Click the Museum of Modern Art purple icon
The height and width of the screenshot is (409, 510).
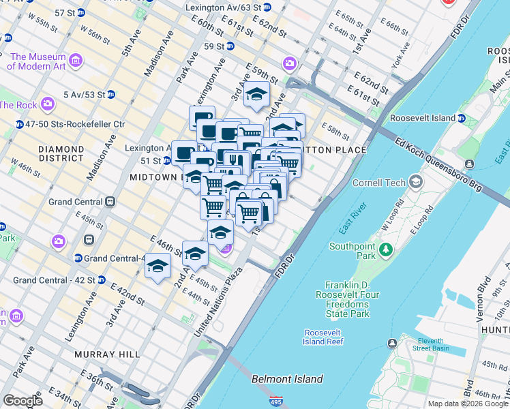pyautogui.click(x=75, y=61)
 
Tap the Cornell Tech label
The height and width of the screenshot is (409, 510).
pyautogui.click(x=378, y=183)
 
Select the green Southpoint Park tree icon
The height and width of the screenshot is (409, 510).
pyautogui.click(x=387, y=250)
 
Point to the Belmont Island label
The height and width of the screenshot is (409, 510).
pyautogui.click(x=287, y=379)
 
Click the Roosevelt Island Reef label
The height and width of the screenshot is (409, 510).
pyautogui.click(x=324, y=337)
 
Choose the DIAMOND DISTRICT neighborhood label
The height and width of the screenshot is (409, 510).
pyautogui.click(x=61, y=154)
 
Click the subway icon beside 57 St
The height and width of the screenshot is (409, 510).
pyautogui.click(x=81, y=12)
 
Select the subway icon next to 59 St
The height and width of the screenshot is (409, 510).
pyautogui.click(x=230, y=46)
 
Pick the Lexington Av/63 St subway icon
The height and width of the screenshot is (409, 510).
pyautogui.click(x=267, y=7)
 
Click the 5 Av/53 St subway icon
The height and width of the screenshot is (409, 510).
pyautogui.click(x=110, y=94)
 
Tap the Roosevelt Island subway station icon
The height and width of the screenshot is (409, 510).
pyautogui.click(x=461, y=118)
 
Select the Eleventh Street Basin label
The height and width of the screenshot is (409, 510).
pyautogui.click(x=430, y=344)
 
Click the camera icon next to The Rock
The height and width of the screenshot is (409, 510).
pyautogui.click(x=47, y=104)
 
